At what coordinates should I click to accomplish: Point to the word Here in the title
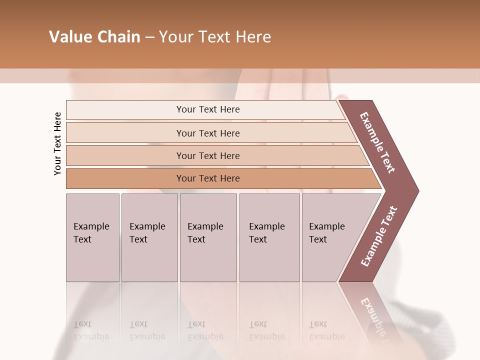[253, 37]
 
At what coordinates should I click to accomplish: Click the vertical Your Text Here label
[57, 143]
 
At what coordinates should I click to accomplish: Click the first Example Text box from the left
[92, 237]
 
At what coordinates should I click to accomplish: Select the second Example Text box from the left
[149, 237]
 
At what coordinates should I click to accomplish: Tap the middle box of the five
[208, 237]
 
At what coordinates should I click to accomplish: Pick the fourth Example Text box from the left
[269, 237]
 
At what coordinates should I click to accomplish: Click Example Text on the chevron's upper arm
[377, 142]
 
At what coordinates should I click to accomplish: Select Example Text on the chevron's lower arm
[379, 236]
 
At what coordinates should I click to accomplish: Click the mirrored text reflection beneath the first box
[91, 330]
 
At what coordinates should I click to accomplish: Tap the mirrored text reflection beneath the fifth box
[326, 330]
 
